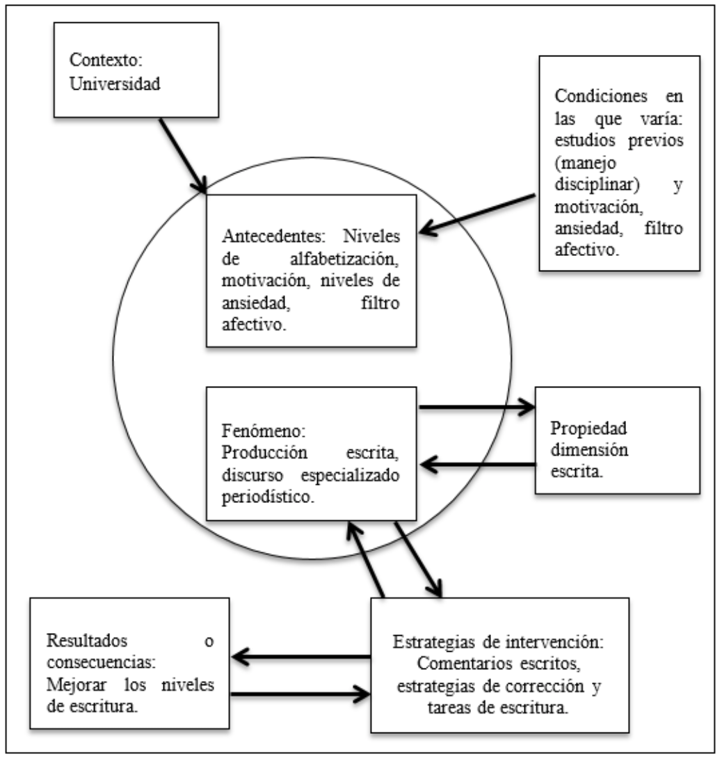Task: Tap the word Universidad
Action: (115, 83)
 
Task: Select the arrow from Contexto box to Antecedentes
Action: (183, 156)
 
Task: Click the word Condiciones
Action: (601, 95)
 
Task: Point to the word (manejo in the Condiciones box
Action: (585, 163)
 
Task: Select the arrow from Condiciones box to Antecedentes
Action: (477, 214)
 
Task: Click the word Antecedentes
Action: (273, 236)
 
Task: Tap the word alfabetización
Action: (344, 259)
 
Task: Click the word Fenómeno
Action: (264, 431)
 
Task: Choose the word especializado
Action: (350, 475)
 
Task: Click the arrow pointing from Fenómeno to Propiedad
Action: (477, 407)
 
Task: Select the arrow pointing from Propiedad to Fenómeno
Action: (478, 465)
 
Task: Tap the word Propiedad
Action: (588, 428)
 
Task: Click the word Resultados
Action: (87, 641)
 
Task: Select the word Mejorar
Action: (77, 684)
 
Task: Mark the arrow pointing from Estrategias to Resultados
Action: (301, 657)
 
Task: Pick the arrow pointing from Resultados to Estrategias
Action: (300, 694)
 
